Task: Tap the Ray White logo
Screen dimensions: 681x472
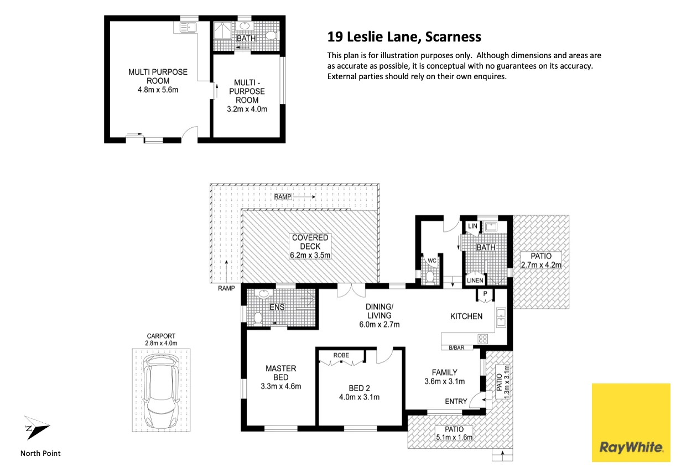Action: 631,423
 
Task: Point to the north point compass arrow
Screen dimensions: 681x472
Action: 37,428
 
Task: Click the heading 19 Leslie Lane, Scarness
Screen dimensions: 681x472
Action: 404,37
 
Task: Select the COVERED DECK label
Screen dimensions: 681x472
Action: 310,242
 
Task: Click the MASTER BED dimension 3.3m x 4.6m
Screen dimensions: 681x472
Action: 281,386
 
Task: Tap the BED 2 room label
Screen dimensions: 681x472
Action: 360,388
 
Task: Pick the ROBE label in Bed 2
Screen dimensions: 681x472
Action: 341,355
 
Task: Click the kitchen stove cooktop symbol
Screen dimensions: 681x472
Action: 483,339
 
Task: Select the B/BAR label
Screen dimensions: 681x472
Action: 456,347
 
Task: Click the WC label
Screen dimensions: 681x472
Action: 432,261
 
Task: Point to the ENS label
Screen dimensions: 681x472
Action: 277,307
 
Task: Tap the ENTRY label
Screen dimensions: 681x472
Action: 456,401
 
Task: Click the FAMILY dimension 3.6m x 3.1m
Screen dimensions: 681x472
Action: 444,381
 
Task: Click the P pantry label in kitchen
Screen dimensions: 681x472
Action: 485,293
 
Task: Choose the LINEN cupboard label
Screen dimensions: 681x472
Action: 475,281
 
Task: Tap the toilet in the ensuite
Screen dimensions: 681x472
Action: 258,318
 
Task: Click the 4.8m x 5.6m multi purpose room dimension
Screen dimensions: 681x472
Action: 158,90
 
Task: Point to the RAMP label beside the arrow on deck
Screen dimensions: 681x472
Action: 283,197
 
